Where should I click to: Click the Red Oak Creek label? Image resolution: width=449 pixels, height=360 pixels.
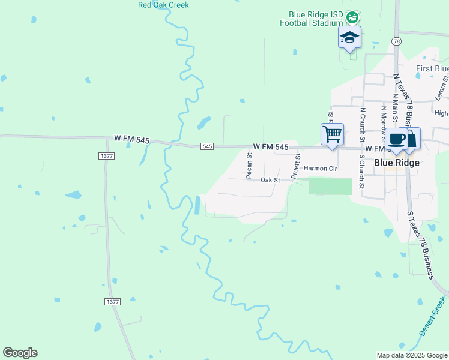(x=163, y=5)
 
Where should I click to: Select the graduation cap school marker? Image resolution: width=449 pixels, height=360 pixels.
(x=349, y=38)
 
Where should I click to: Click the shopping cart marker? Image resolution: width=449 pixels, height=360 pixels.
(x=332, y=134)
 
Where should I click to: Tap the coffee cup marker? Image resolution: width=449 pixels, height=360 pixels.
(x=396, y=139)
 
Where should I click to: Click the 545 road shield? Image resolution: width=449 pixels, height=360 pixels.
(x=207, y=146)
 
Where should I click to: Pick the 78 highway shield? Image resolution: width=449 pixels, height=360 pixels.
(x=396, y=41)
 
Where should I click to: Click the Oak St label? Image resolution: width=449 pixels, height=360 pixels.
(x=270, y=180)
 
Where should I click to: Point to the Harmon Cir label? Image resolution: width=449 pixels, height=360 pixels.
(x=321, y=169)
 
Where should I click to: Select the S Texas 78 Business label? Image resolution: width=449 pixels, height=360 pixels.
(x=421, y=245)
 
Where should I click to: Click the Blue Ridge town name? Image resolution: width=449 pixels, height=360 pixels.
(x=396, y=162)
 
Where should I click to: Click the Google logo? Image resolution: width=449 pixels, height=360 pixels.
(x=20, y=353)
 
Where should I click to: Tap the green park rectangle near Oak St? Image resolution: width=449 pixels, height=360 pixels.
(x=330, y=187)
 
